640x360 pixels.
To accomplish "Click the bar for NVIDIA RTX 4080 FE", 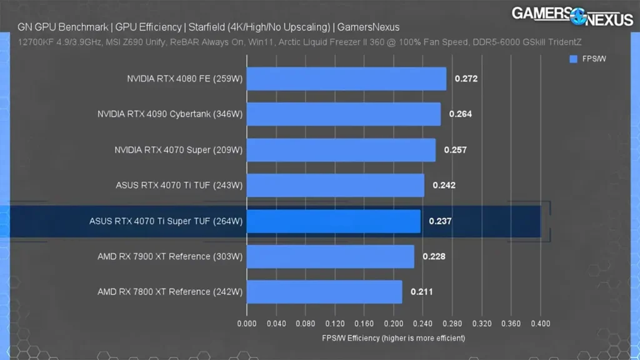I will (346, 79).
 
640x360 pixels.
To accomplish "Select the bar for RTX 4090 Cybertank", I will (344, 114).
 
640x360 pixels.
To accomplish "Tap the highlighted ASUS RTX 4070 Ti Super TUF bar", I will (334, 221).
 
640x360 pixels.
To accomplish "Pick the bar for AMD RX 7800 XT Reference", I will (324, 292).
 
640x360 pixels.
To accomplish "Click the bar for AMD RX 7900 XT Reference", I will (330, 256).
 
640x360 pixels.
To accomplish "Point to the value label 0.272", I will (466, 79).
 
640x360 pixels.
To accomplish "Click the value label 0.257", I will (455, 150).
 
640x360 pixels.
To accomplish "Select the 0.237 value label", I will (440, 221).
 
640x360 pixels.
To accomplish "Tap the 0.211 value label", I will (422, 292).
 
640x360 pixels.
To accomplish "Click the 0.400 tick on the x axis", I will (541, 324).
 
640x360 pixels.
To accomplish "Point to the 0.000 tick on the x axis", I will (247, 324).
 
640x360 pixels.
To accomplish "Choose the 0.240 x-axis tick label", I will (423, 324).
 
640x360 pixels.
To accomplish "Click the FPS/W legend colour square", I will (573, 59).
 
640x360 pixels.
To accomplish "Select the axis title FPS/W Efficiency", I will (393, 338).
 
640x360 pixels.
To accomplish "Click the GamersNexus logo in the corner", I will (572, 16).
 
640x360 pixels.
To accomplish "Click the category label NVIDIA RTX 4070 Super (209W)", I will (179, 150).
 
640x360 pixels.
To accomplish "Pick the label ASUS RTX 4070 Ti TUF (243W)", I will (179, 186).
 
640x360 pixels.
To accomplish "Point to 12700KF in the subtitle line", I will (33, 43).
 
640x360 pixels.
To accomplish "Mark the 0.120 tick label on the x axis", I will (335, 324).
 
